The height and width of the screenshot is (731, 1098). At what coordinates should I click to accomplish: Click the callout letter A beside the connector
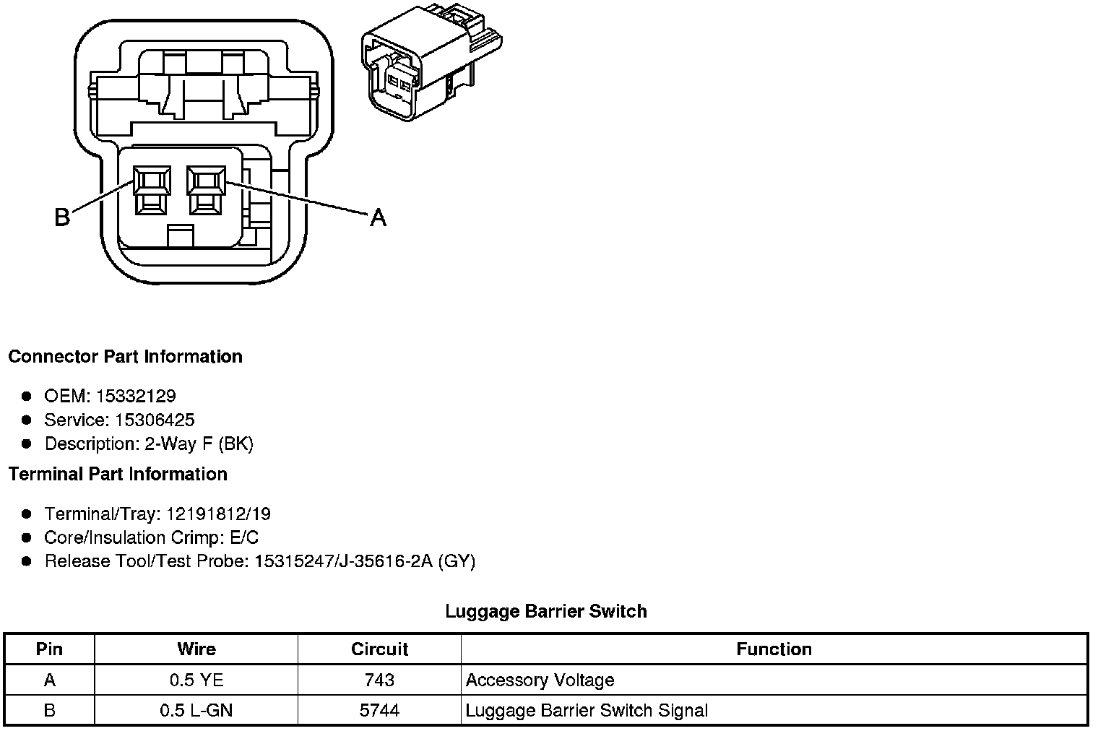(378, 217)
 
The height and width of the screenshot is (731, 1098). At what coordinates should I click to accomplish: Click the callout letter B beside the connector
(63, 217)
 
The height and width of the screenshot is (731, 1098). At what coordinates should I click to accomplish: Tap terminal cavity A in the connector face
(206, 189)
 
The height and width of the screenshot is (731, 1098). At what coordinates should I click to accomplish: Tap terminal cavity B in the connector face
(152, 189)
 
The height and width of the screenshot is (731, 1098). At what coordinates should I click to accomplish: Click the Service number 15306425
(155, 420)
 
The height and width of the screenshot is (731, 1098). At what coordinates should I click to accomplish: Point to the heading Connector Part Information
(125, 357)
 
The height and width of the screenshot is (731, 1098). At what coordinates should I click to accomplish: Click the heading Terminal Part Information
(118, 474)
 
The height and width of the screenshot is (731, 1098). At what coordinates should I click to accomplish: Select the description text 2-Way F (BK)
(199, 444)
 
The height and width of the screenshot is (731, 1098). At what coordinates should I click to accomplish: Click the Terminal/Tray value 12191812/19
(218, 514)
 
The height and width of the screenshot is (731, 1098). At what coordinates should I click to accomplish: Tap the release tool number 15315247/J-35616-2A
(344, 561)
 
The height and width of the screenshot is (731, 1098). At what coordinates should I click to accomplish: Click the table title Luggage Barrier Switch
(545, 611)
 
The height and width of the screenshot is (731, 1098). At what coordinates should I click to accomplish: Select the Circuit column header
(379, 649)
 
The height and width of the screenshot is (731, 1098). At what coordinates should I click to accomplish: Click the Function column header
(774, 649)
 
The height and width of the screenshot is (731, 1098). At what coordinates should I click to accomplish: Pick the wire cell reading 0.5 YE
(196, 680)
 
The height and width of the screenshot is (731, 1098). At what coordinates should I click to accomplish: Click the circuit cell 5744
(379, 710)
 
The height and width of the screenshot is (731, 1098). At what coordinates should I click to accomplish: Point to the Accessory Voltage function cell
(540, 680)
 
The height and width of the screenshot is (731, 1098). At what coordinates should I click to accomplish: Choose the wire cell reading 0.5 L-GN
(196, 710)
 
